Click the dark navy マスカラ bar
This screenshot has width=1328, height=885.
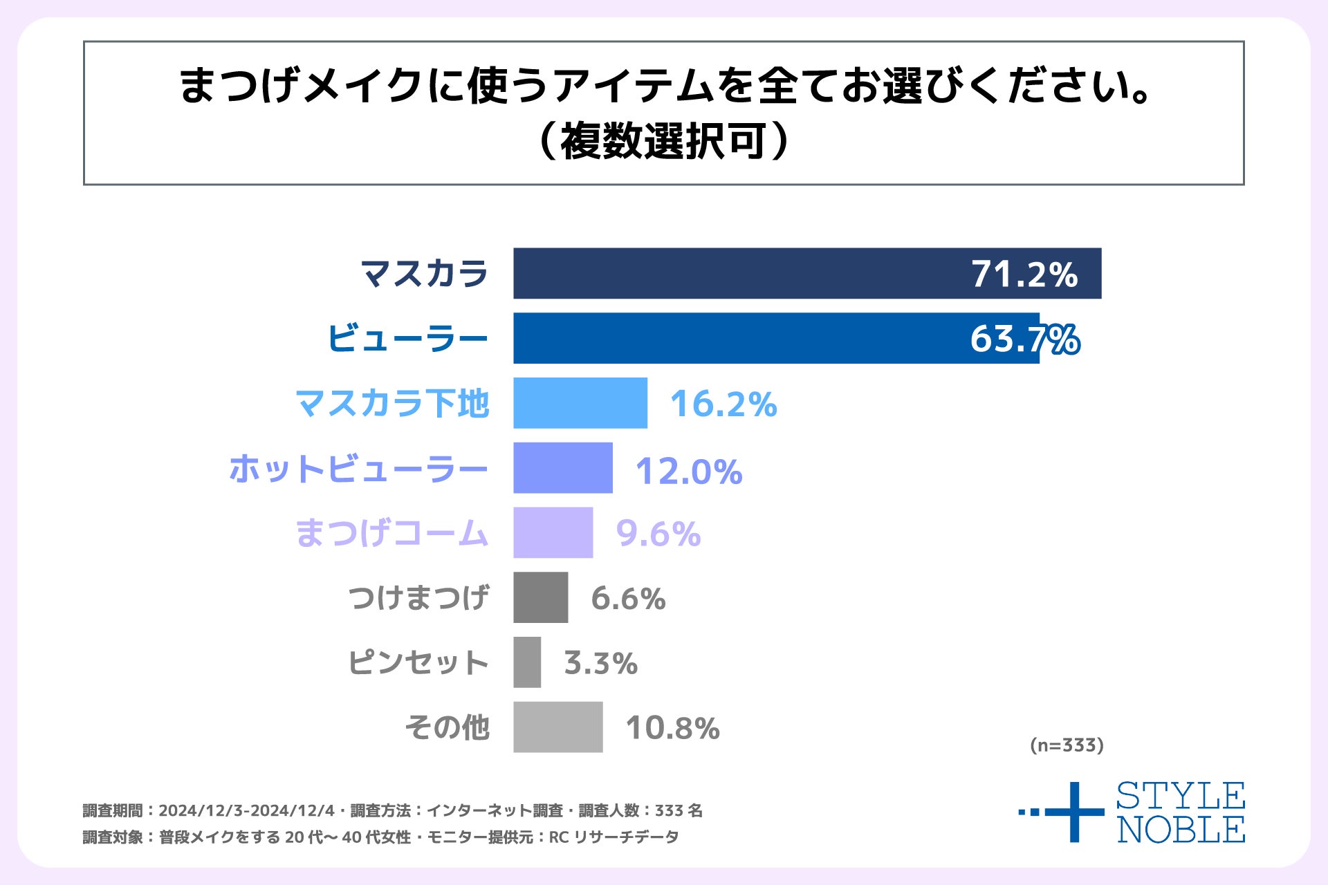click(x=740, y=273)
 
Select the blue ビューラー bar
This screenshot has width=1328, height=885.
click(x=740, y=338)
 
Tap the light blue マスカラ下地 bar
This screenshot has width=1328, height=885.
click(x=580, y=403)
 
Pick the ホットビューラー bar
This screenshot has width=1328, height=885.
click(x=562, y=468)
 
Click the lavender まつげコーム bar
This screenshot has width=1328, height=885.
click(x=553, y=532)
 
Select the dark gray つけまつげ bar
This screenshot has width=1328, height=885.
click(x=540, y=597)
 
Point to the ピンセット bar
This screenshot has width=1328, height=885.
click(x=527, y=662)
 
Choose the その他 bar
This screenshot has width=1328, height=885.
click(x=557, y=727)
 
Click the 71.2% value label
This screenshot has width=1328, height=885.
click(x=1024, y=274)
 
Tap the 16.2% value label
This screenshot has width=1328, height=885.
click(x=723, y=404)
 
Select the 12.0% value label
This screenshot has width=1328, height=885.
click(x=688, y=472)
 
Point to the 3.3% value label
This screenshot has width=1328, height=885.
click(x=600, y=663)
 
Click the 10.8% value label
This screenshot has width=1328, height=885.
click(x=672, y=728)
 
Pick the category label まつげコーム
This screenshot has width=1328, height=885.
click(x=391, y=533)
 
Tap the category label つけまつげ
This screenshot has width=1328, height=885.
click(x=418, y=597)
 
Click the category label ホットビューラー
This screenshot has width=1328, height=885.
click(x=358, y=469)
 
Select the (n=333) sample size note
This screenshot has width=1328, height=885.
click(x=1066, y=745)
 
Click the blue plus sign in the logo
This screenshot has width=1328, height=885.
click(x=1073, y=812)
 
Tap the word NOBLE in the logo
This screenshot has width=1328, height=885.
click(x=1181, y=830)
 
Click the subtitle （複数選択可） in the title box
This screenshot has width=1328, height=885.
click(x=663, y=142)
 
